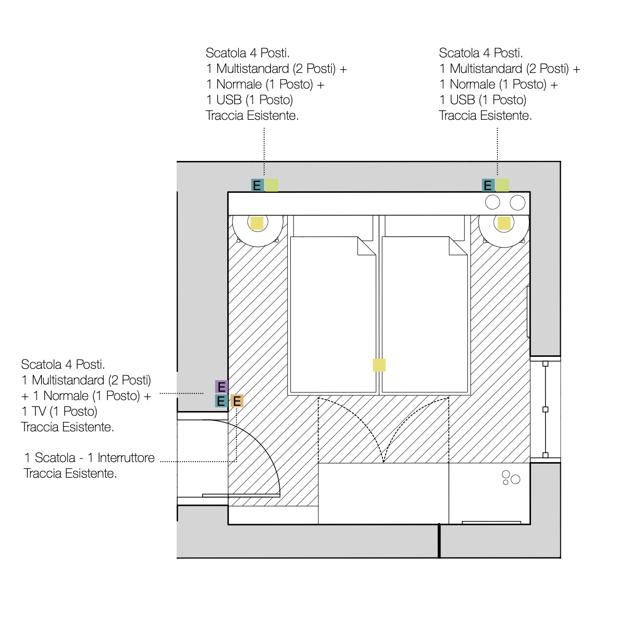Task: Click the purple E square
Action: pos(221,387)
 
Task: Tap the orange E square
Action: pos(237,401)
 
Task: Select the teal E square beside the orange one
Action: pos(221,401)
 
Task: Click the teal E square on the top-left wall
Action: pos(257,185)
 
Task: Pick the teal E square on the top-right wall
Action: pos(488,185)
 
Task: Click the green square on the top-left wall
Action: pos(272,185)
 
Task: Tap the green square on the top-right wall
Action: pos(502,185)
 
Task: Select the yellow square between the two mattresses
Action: pos(379,365)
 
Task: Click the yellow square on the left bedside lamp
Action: pos(257,223)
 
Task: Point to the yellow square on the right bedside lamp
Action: pos(504,223)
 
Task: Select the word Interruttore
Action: pos(126,458)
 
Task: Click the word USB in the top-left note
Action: pos(229,100)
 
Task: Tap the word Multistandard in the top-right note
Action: pos(486,69)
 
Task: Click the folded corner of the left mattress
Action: pos(366,246)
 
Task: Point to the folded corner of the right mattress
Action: pos(458,246)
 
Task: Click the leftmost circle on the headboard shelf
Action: pos(492,202)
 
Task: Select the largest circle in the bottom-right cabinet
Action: pos(515,479)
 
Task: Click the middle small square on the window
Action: pos(545,409)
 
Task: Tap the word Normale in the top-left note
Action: pos(239,84)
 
